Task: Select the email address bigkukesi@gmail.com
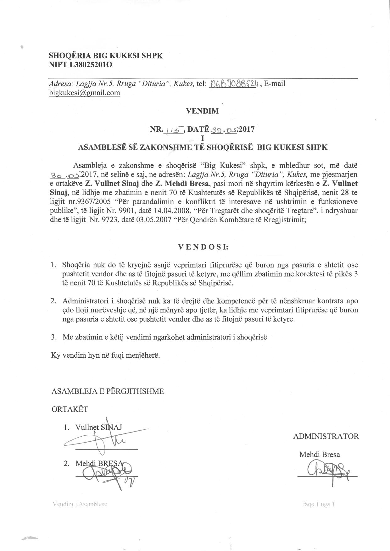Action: (85, 93)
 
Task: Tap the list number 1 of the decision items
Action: (53, 265)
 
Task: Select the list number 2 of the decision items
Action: (53, 301)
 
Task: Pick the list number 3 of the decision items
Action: (53, 337)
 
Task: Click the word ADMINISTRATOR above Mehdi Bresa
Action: (326, 436)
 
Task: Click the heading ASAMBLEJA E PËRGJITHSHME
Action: (108, 391)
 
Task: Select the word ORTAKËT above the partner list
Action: (70, 409)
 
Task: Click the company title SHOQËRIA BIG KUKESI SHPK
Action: (106, 56)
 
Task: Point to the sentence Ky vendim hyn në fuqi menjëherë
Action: (105, 355)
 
